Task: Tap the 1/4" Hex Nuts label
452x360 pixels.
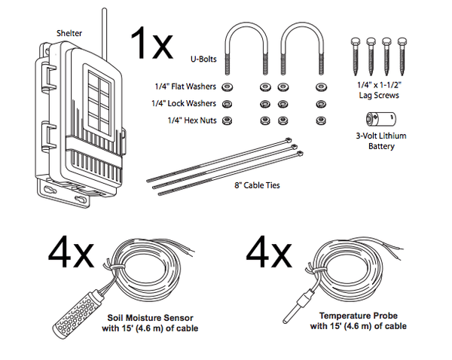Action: point(188,119)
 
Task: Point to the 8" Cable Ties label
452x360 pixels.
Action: point(257,185)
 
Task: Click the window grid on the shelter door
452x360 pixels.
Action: point(98,98)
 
